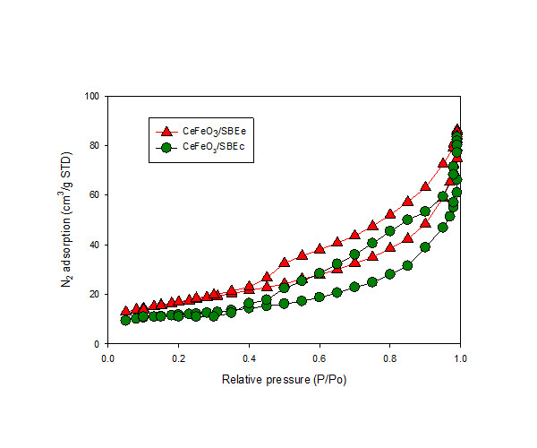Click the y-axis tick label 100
[91, 96]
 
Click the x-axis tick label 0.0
[107, 357]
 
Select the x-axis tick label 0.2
[178, 357]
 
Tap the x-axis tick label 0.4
[249, 357]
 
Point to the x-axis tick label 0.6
[320, 357]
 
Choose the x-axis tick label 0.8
[390, 357]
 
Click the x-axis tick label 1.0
[460, 357]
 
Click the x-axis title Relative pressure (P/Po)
[284, 380]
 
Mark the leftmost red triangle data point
[125, 312]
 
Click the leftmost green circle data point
[125, 320]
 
